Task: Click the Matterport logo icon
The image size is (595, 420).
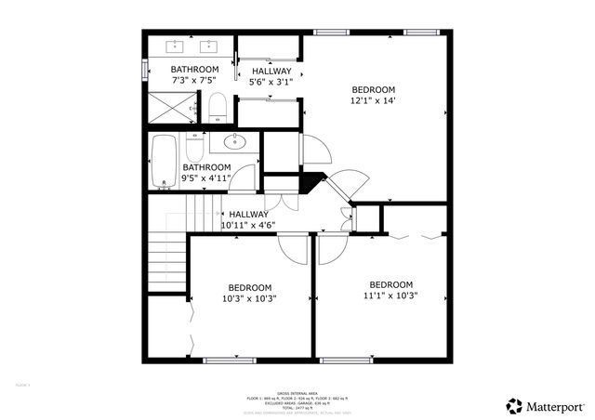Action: [514, 405]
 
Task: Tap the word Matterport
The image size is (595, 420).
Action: [557, 406]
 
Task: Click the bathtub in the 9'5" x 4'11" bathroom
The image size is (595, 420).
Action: [164, 162]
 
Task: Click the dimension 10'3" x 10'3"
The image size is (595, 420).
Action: [250, 298]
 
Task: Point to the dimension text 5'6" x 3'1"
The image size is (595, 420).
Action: [271, 82]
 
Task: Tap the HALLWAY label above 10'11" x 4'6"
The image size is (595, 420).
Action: [249, 214]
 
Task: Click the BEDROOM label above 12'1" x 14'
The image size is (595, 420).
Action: [374, 89]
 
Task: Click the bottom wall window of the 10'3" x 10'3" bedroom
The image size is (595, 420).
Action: [230, 360]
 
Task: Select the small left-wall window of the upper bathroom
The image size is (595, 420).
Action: [144, 70]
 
